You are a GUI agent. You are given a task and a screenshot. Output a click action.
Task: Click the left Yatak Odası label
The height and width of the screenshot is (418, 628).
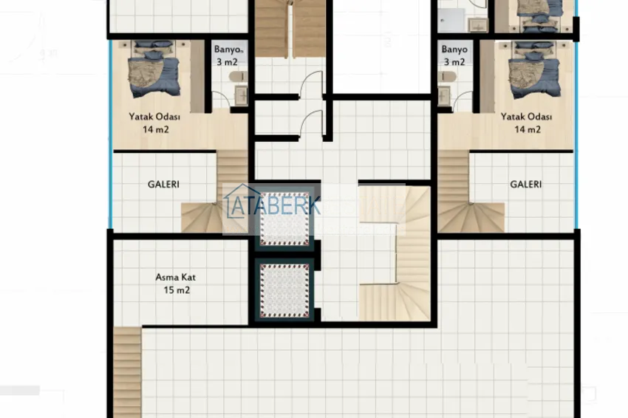155,117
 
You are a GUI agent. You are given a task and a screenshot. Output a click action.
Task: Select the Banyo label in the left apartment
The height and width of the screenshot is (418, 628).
225,50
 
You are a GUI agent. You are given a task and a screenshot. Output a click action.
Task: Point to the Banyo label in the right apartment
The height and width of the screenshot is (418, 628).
454,50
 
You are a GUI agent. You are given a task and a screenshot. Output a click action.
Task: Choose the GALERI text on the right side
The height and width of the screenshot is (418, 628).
525,185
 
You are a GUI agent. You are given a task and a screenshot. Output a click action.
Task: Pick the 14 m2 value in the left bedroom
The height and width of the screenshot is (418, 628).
156,129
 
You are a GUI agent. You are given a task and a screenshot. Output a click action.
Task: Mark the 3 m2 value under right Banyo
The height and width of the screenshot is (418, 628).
454,62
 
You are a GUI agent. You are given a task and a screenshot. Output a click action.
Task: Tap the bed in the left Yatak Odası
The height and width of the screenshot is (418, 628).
155,68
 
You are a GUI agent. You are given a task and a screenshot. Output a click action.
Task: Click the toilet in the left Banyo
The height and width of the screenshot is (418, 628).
235,76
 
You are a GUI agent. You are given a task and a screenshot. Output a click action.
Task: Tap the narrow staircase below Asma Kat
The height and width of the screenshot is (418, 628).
127,369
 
